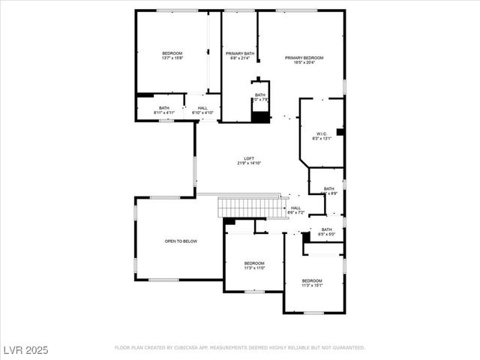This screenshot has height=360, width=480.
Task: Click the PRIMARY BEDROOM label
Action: tap(304, 58)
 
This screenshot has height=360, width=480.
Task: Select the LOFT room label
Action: tap(249, 158)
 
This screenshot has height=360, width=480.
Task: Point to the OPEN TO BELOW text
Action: tap(181, 241)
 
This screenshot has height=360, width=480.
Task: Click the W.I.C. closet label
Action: tap(321, 133)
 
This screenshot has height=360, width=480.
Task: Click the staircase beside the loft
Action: tap(248, 207)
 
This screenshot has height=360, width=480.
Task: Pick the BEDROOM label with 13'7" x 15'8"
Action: tap(172, 53)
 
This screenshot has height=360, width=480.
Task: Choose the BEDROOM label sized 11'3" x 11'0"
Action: tap(254, 262)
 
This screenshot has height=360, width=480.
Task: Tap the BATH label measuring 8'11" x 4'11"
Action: tap(164, 108)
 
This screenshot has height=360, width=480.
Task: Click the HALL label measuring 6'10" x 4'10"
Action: tap(203, 108)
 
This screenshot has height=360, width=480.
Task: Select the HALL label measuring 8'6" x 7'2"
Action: tap(295, 208)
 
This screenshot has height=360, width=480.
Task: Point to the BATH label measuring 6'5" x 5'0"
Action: tap(327, 229)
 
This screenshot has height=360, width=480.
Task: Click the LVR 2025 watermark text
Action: tap(24, 349)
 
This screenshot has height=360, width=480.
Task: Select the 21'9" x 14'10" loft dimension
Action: tap(249, 163)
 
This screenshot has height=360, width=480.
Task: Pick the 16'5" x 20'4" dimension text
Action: tap(304, 62)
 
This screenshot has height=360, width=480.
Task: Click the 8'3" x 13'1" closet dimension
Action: tap(321, 138)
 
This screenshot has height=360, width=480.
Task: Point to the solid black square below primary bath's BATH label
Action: tap(260, 116)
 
